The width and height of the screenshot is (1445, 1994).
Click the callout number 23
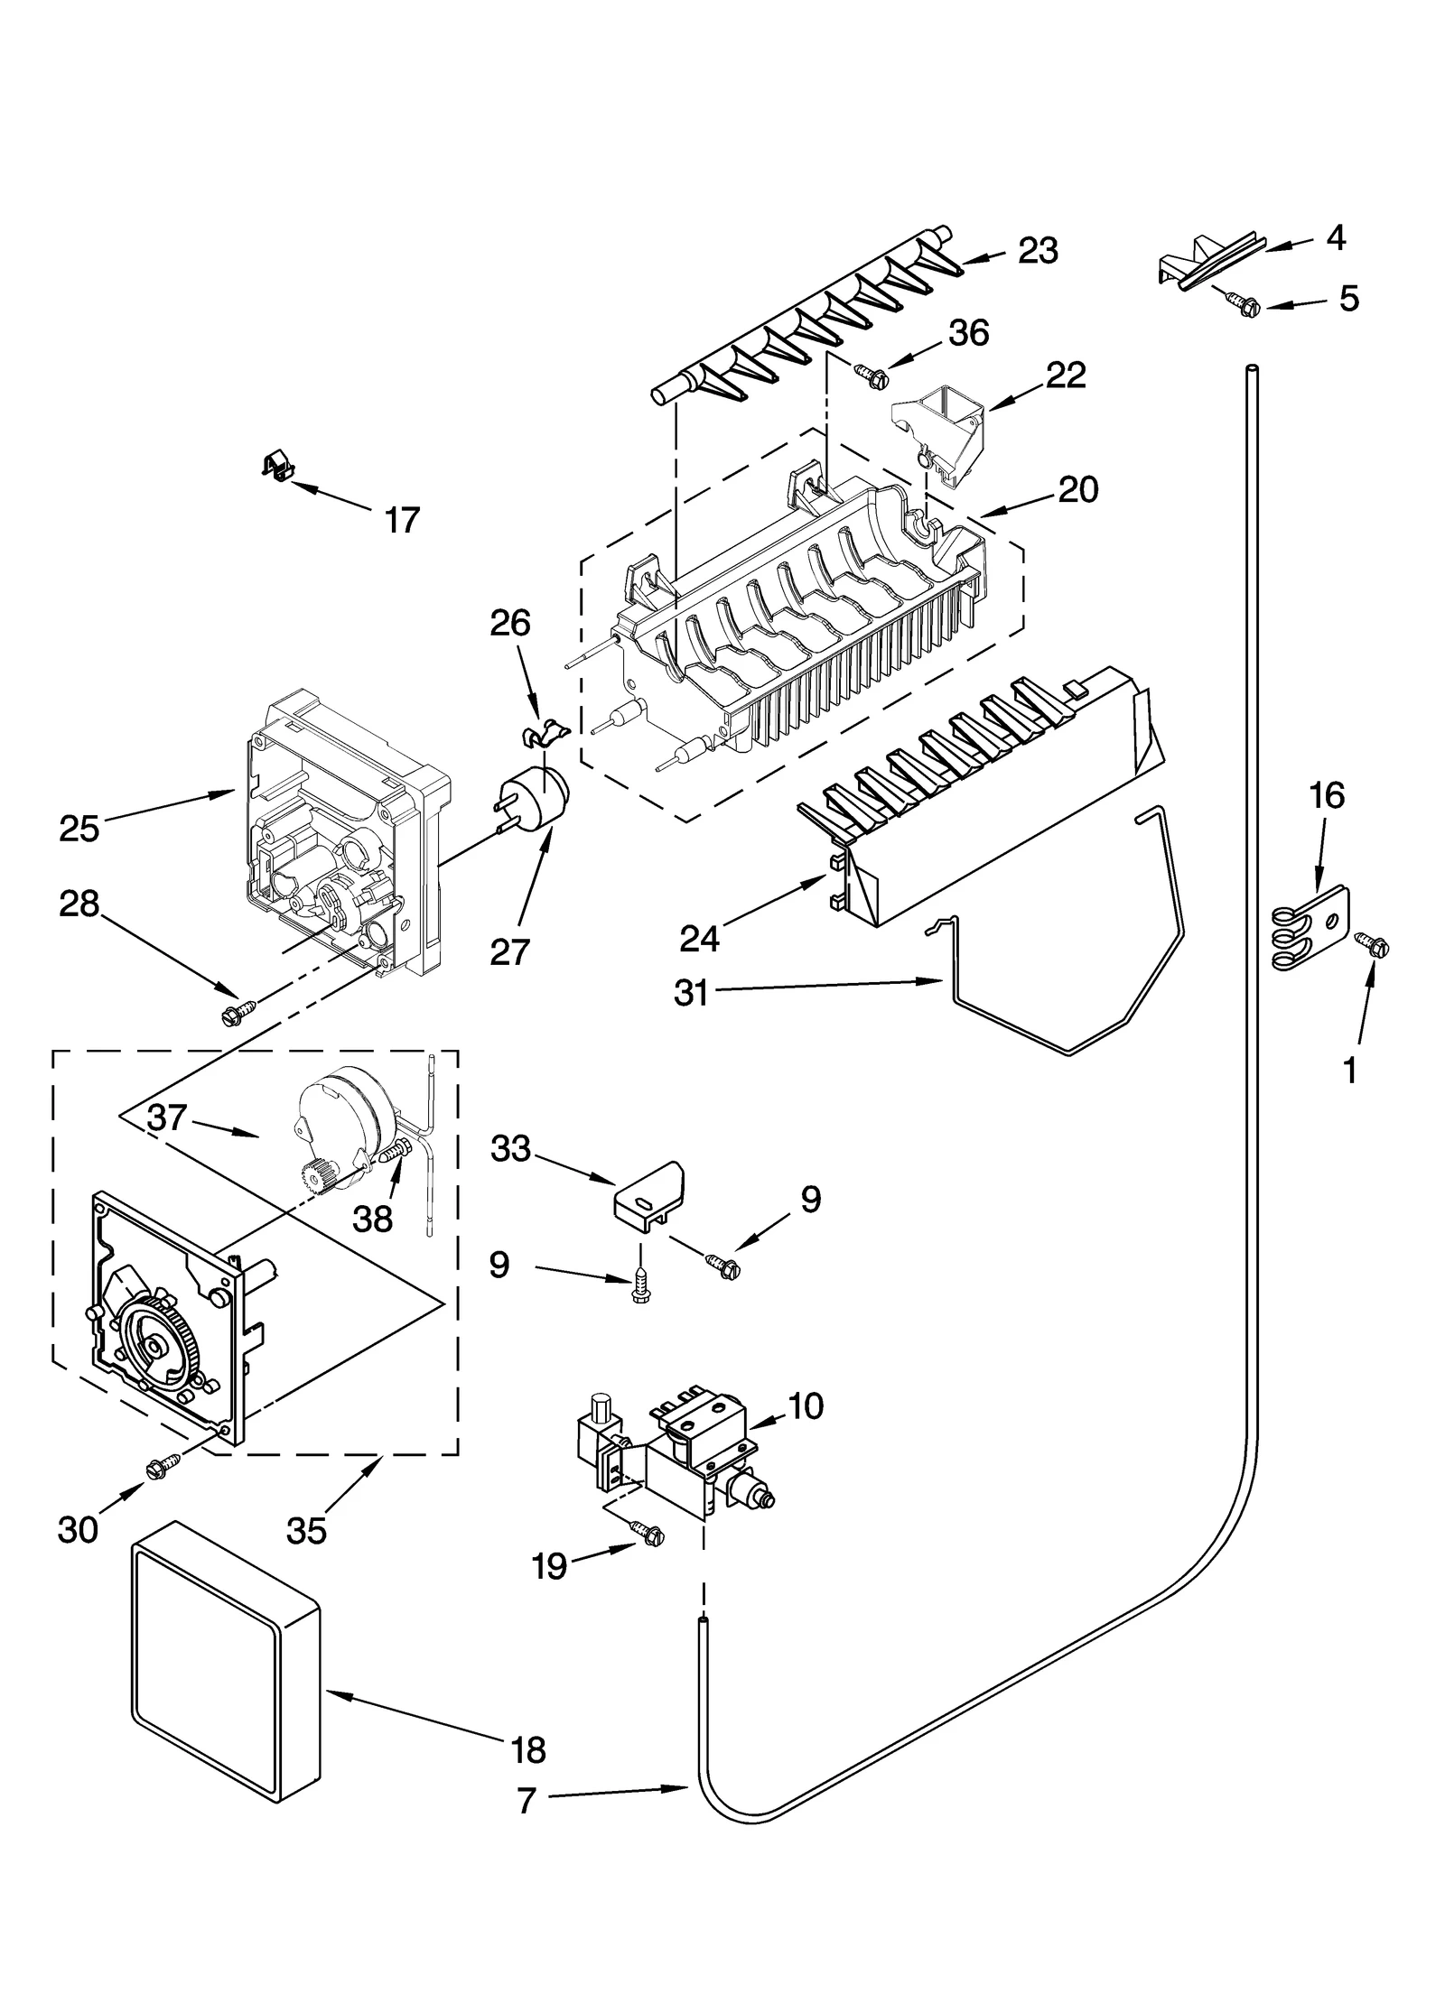pyautogui.click(x=1038, y=251)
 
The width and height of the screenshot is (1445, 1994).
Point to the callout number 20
pyautogui.click(x=1077, y=490)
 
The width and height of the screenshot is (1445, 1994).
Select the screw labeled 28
pyautogui.click(x=238, y=1012)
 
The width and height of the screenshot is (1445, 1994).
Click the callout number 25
pyautogui.click(x=79, y=829)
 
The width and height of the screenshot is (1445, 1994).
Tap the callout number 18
pyautogui.click(x=528, y=1750)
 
